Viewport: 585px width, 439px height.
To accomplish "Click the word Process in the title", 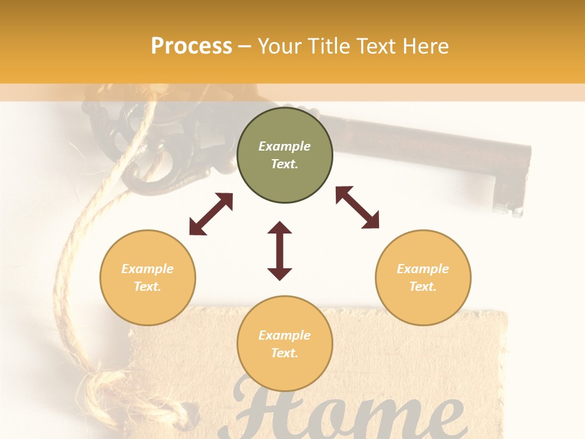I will click(191, 46).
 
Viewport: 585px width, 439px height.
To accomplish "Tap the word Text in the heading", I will click(374, 46).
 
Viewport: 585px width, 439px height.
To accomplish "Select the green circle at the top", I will click(285, 183).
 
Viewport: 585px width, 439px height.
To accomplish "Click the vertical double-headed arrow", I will click(280, 251).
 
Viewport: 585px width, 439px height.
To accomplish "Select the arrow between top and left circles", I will click(211, 214).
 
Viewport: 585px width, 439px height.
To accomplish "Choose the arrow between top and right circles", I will click(358, 207).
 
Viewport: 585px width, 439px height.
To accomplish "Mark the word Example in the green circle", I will click(285, 146).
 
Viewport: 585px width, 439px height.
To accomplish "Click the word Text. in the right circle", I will click(423, 287).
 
